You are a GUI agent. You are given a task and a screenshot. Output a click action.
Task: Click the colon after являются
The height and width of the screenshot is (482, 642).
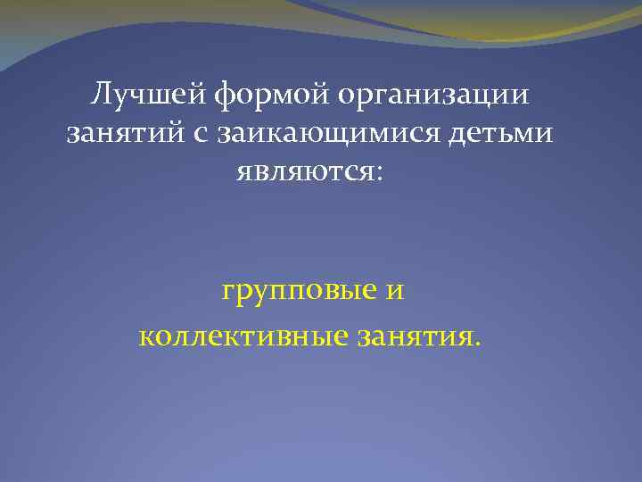coord(378,171)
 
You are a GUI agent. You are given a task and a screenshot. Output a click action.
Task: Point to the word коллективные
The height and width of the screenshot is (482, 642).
coord(243,336)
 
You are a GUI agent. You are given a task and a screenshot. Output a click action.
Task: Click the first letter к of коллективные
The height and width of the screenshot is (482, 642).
coord(146,336)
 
